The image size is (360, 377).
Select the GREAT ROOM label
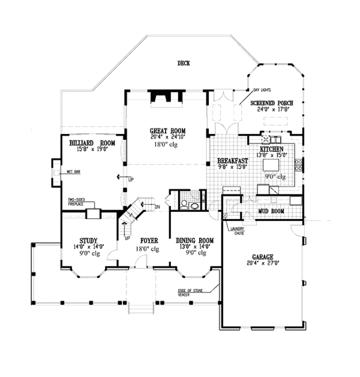coord(167,130)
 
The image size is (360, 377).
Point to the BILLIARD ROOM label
coord(92,143)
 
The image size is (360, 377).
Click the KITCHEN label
coord(273,148)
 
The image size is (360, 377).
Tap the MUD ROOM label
coord(271,211)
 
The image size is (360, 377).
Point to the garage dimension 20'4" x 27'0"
coord(262,262)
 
